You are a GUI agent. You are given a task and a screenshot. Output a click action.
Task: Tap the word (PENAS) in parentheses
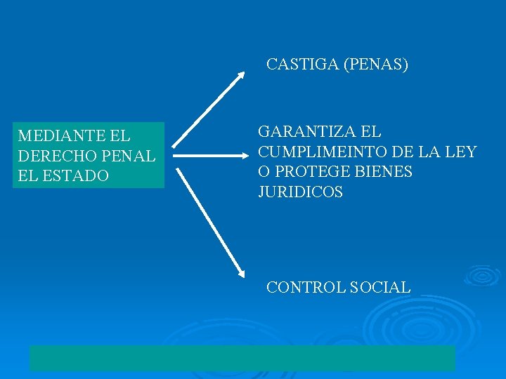tap(376, 65)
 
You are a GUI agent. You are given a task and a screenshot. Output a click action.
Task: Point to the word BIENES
tap(386, 172)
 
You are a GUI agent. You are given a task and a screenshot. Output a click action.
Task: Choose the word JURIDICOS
tap(300, 192)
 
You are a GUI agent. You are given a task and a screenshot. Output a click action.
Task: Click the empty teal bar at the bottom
tap(242, 358)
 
